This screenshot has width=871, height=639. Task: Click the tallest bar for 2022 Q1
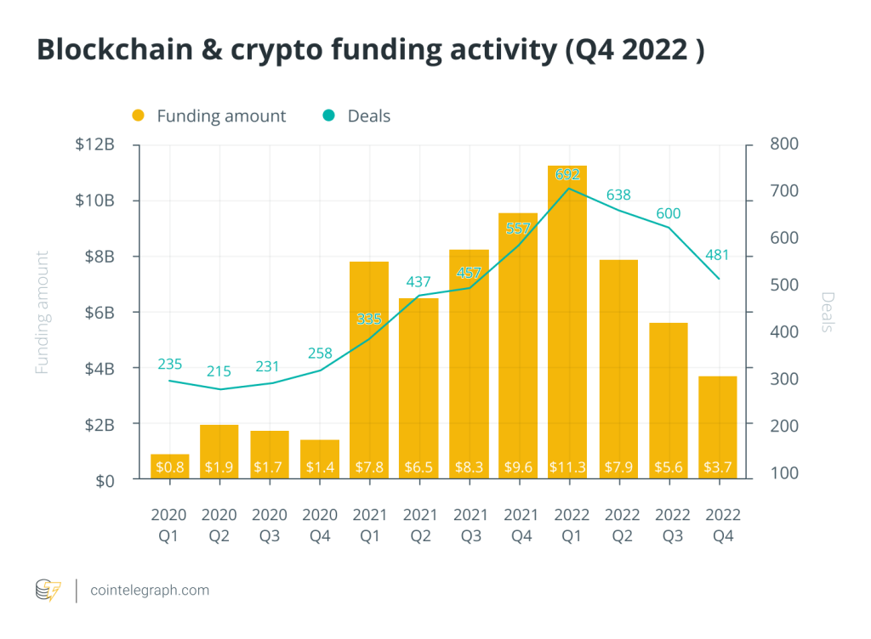pos(567,323)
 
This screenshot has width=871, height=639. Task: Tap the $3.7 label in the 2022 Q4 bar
pos(716,467)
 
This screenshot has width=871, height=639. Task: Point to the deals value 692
pos(567,174)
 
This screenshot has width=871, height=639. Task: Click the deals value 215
pos(219,372)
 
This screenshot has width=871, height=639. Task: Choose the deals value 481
pos(716,256)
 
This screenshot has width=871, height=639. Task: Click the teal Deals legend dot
pos(328,116)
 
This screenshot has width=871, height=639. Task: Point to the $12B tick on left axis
pos(94,144)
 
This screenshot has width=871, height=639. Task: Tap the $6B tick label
pos(98,312)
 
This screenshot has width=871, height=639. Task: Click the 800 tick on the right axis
pos(784,144)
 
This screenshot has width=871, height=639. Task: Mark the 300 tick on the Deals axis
pos(784,379)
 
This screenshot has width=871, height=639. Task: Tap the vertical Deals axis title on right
pos(828,312)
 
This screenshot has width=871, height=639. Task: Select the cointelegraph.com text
pos(150,590)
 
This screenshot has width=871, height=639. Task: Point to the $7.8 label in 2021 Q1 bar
pos(368,467)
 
